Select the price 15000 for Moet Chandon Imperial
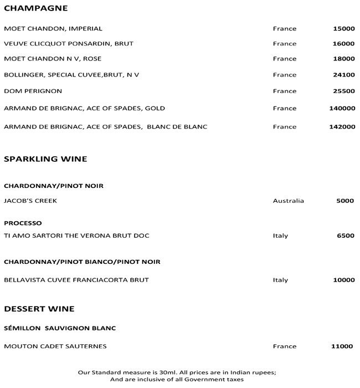(344, 28)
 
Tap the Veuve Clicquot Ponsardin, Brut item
(69, 43)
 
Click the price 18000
(344, 59)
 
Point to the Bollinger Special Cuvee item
(71, 75)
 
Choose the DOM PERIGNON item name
(33, 91)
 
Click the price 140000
(342, 109)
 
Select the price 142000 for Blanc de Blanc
(342, 127)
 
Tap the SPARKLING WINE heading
(45, 159)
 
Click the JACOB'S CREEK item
(30, 201)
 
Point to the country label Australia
(288, 201)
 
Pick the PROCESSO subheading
(23, 223)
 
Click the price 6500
(346, 236)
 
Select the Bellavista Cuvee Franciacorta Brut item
(76, 280)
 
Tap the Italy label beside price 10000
(280, 280)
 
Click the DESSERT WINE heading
(39, 309)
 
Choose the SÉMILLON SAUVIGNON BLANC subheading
(60, 328)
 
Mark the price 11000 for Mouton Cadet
(342, 346)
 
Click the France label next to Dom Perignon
(285, 91)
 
